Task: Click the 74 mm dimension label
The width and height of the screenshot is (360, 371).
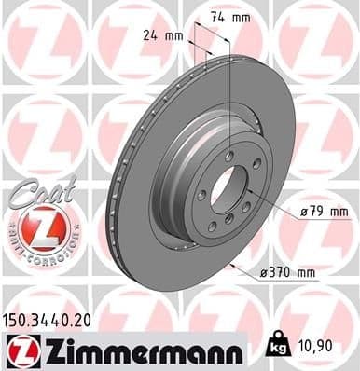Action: click(x=225, y=19)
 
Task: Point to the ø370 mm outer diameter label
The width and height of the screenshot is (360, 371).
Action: click(x=289, y=273)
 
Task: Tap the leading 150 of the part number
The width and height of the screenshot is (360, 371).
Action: click(x=18, y=320)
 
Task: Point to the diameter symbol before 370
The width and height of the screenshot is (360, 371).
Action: click(x=265, y=273)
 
